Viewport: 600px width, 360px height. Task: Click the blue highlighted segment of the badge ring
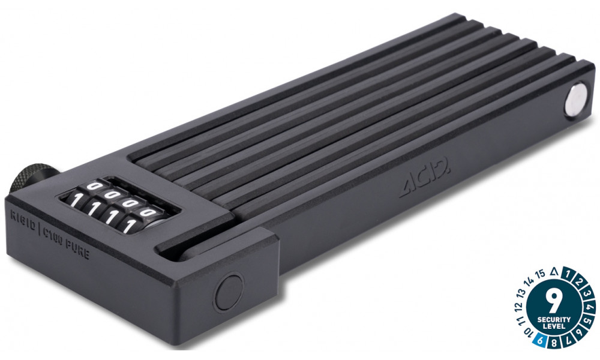pos(541,341)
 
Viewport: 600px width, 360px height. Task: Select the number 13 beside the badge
pos(521,293)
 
